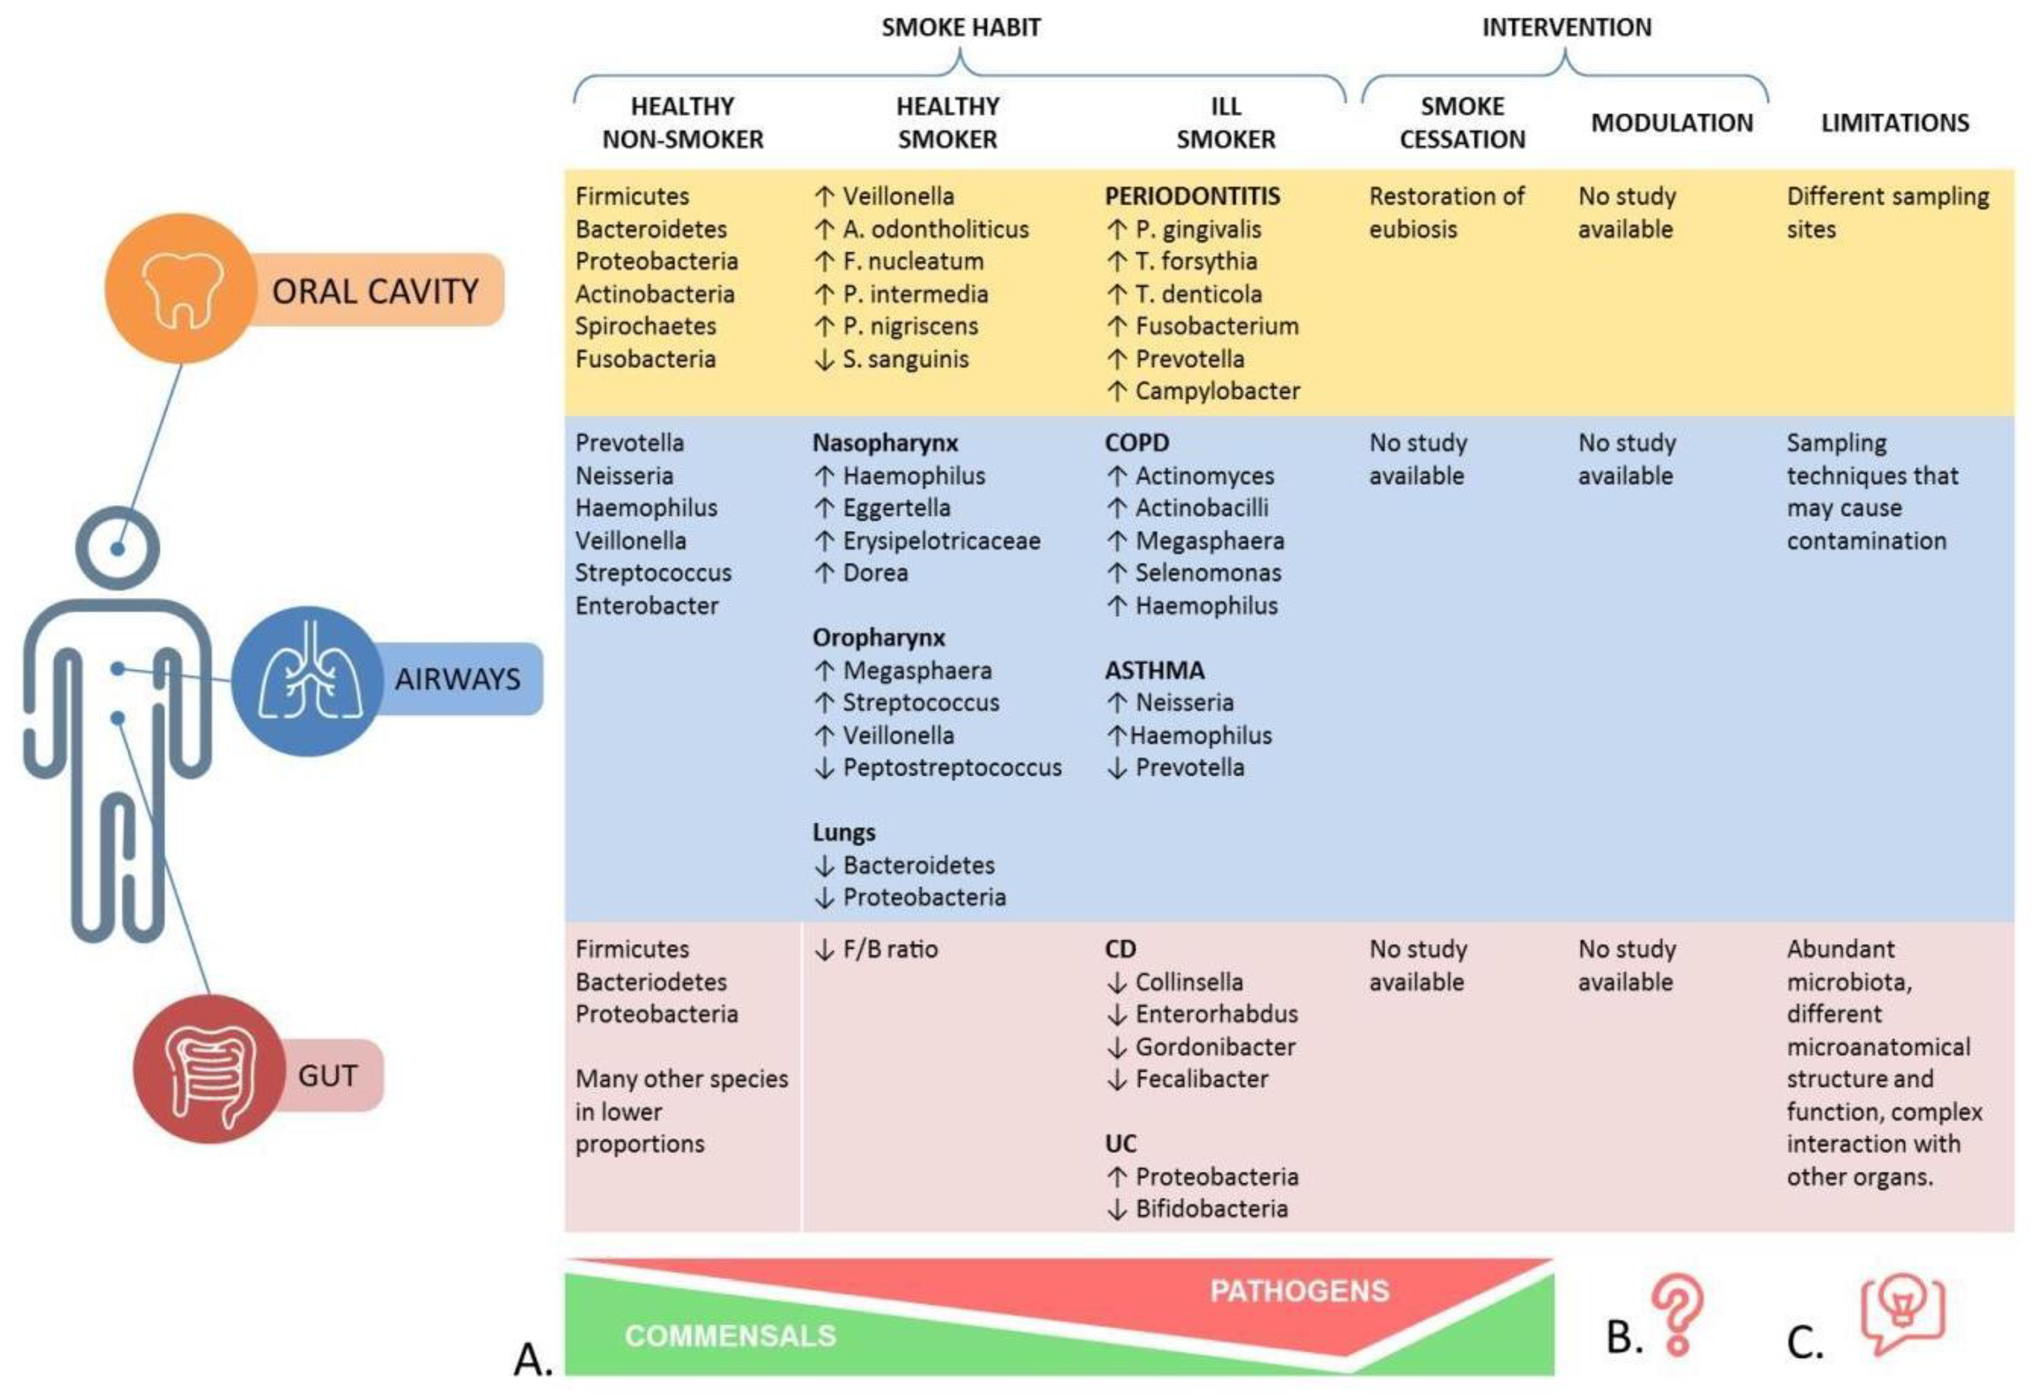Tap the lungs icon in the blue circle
point(308,680)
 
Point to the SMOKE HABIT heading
point(960,27)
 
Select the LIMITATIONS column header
point(1895,123)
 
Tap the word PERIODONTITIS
point(1192,197)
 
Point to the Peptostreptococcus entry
point(951,768)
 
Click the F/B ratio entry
point(889,949)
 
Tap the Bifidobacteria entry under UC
point(1211,1209)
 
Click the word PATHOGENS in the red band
point(1299,1290)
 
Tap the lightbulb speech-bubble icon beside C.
point(1901,1313)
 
